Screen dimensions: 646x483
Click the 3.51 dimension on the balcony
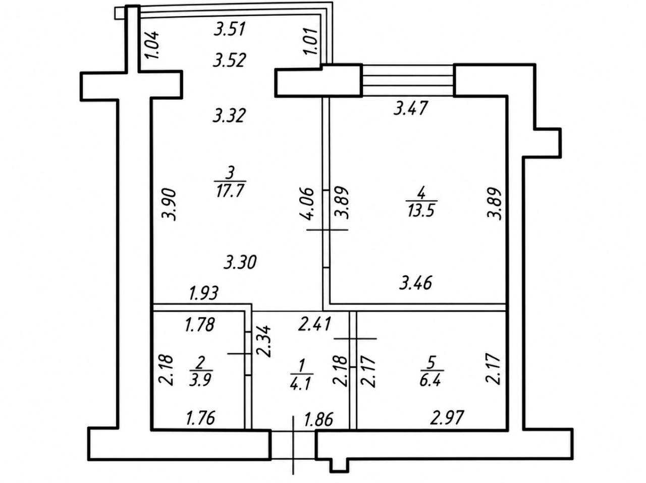tap(230, 30)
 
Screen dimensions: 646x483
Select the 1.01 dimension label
tap(311, 41)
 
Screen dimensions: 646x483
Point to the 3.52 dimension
tap(230, 61)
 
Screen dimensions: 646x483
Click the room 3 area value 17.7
tap(230, 191)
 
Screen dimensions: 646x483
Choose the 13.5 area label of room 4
tap(421, 210)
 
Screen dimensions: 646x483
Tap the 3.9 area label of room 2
tap(200, 380)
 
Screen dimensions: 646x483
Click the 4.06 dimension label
tap(307, 204)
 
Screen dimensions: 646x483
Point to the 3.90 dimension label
tap(169, 205)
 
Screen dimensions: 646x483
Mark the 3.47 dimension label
tap(410, 108)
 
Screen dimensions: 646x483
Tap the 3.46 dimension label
tap(415, 283)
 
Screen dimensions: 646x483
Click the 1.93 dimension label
tap(204, 293)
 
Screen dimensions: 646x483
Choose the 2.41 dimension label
tap(314, 324)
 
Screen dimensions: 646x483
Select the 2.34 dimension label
tap(263, 341)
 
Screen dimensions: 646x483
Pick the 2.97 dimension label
tap(447, 417)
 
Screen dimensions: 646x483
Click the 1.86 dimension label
tap(319, 419)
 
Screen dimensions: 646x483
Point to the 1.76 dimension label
tap(201, 418)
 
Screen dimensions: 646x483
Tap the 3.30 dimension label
tap(240, 263)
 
